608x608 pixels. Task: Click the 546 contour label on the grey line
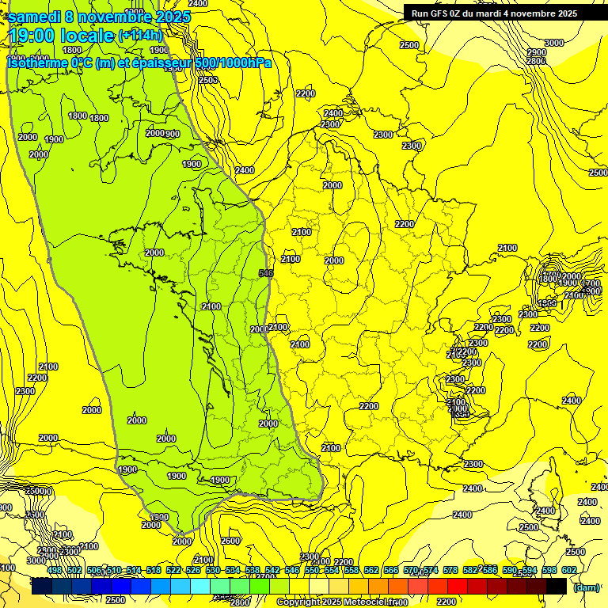tap(267, 273)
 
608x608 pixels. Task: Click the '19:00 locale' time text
tap(62, 36)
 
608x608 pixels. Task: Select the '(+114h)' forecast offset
tap(140, 36)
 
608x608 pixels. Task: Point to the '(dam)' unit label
tap(586, 587)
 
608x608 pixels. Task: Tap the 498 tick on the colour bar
tap(55, 571)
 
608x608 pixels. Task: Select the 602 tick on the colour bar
tap(568, 571)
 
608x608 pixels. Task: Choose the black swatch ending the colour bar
tap(557, 587)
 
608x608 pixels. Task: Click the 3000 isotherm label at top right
tap(554, 43)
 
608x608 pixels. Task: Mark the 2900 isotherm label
tap(536, 52)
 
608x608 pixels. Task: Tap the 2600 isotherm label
tap(230, 541)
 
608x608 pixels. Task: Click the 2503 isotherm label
tap(207, 80)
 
